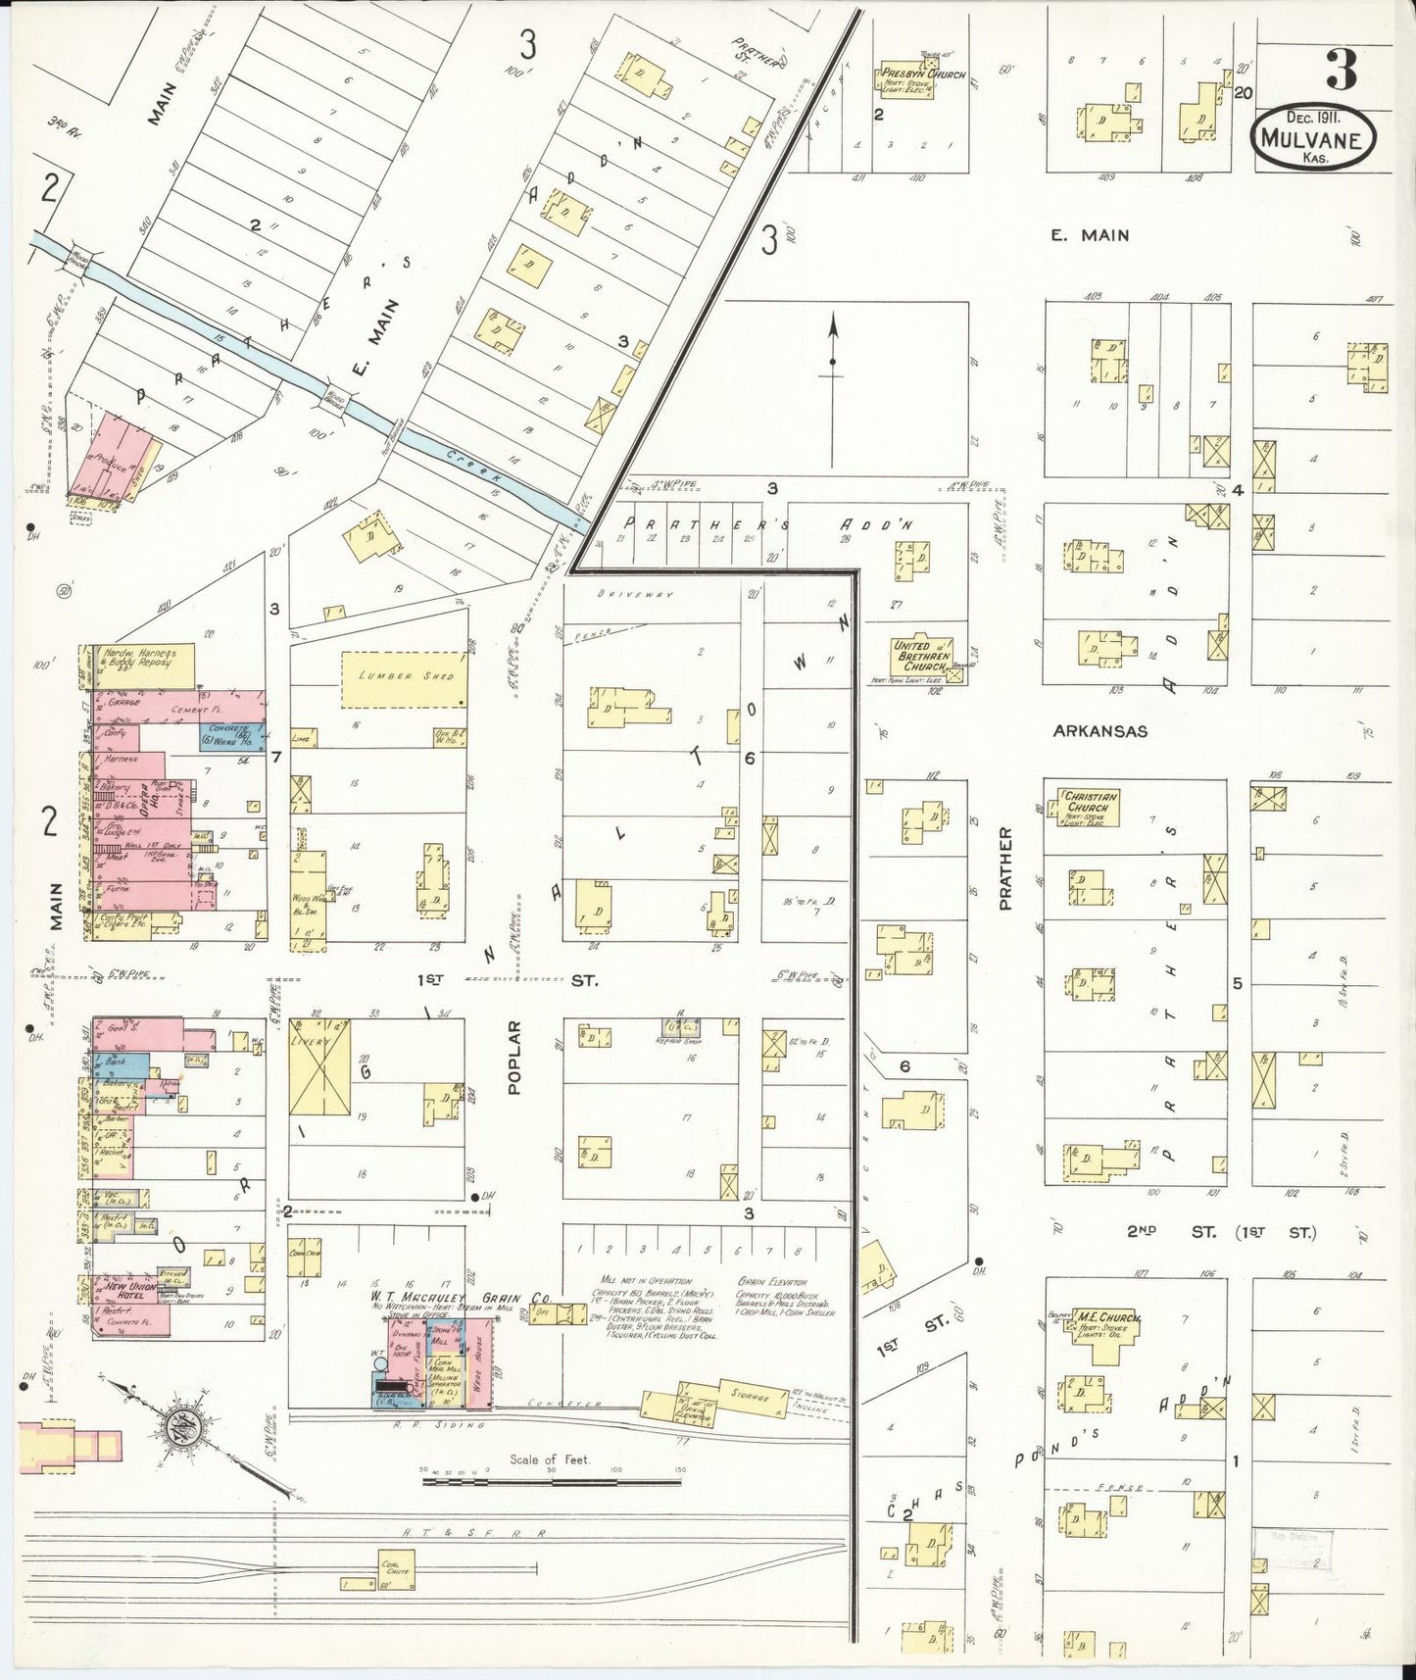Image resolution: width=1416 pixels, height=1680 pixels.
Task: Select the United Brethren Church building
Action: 922,655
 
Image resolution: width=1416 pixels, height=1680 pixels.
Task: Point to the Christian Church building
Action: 1087,808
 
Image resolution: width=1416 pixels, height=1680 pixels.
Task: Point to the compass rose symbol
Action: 181,1422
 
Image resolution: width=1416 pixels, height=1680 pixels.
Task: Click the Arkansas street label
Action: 1099,731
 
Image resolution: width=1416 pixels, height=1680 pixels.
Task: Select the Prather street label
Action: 1005,868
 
